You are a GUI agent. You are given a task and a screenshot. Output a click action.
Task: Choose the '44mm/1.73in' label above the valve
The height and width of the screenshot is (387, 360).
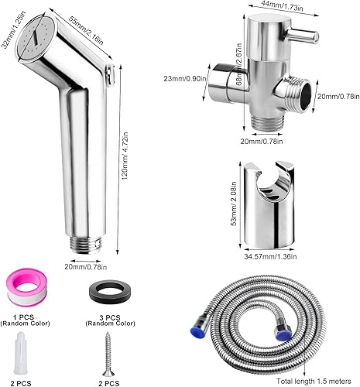point(279,7)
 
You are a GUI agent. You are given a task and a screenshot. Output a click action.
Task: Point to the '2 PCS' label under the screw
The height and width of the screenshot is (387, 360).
point(107,381)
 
